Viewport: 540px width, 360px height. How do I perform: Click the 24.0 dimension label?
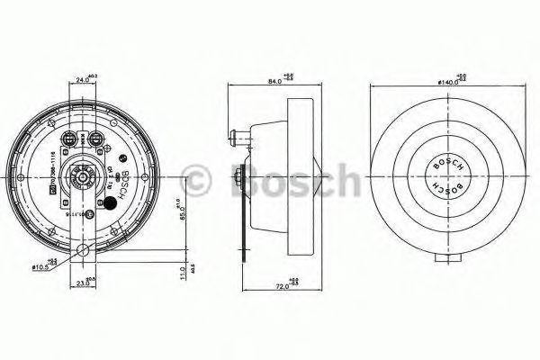83,79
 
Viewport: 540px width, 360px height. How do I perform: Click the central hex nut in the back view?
83,177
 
